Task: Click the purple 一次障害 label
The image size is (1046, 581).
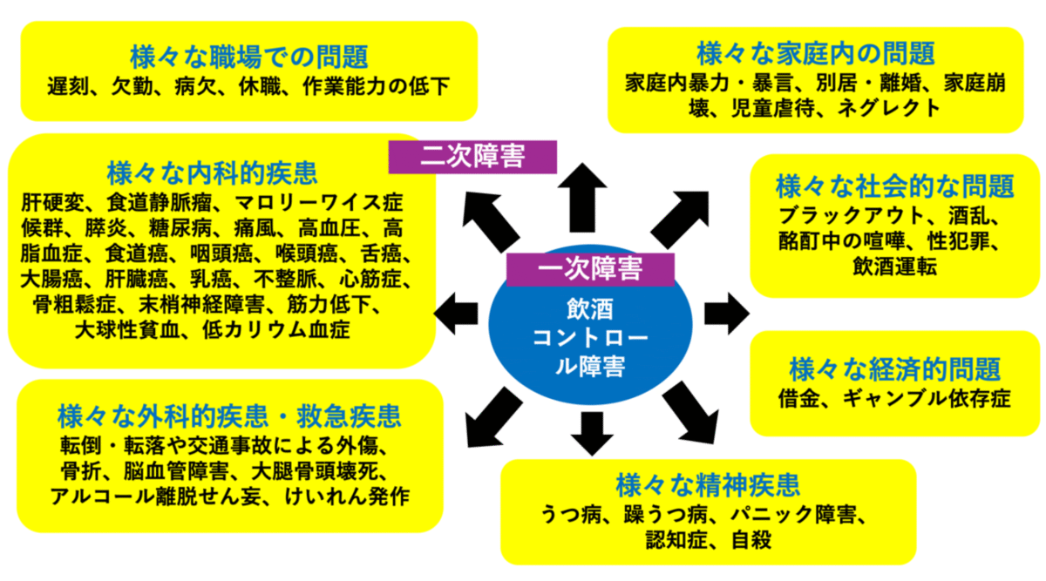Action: [590, 269]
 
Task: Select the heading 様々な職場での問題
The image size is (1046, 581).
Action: [248, 57]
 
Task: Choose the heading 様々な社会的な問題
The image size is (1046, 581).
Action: [895, 186]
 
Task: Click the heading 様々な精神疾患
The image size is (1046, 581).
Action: [707, 483]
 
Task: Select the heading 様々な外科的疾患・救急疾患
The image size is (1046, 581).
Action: [228, 413]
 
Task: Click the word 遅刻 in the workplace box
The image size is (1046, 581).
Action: [69, 87]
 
